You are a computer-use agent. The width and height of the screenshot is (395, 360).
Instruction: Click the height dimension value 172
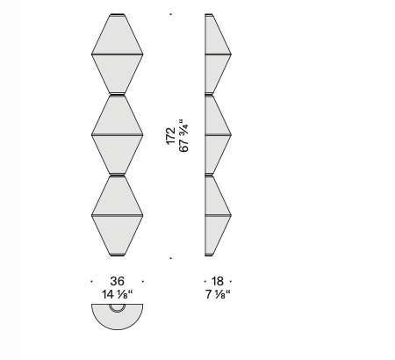click(x=170, y=136)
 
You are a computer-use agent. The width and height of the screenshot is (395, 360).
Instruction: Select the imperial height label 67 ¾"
click(x=183, y=135)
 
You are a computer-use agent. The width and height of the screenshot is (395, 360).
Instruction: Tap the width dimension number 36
click(x=118, y=281)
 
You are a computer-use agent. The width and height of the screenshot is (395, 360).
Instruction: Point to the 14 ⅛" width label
click(x=118, y=294)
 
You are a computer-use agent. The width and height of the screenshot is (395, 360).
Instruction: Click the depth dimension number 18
click(x=218, y=281)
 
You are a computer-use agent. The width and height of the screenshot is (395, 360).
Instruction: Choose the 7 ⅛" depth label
click(x=218, y=294)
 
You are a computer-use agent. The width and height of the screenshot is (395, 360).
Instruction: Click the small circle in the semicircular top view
click(x=118, y=307)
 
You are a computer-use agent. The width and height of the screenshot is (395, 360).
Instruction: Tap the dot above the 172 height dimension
click(x=171, y=14)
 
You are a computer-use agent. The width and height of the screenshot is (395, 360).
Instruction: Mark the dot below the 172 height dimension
click(x=171, y=258)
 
